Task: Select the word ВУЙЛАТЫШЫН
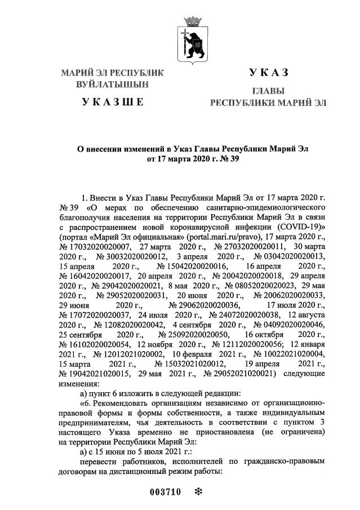pos(113,85)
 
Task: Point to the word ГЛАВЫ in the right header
pos(268,91)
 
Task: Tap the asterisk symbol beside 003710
pos(198,492)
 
